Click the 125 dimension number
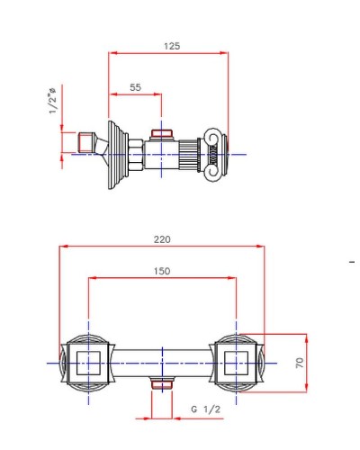coord(168,46)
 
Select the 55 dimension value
coord(136,86)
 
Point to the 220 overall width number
coord(162,239)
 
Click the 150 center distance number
coord(162,271)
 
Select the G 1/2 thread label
coord(206,409)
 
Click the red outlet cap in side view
coord(161,135)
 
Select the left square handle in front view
coord(88,363)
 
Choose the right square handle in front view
coord(235,363)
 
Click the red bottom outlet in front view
coord(162,385)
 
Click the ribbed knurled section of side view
coord(189,155)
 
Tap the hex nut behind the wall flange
coord(133,155)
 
